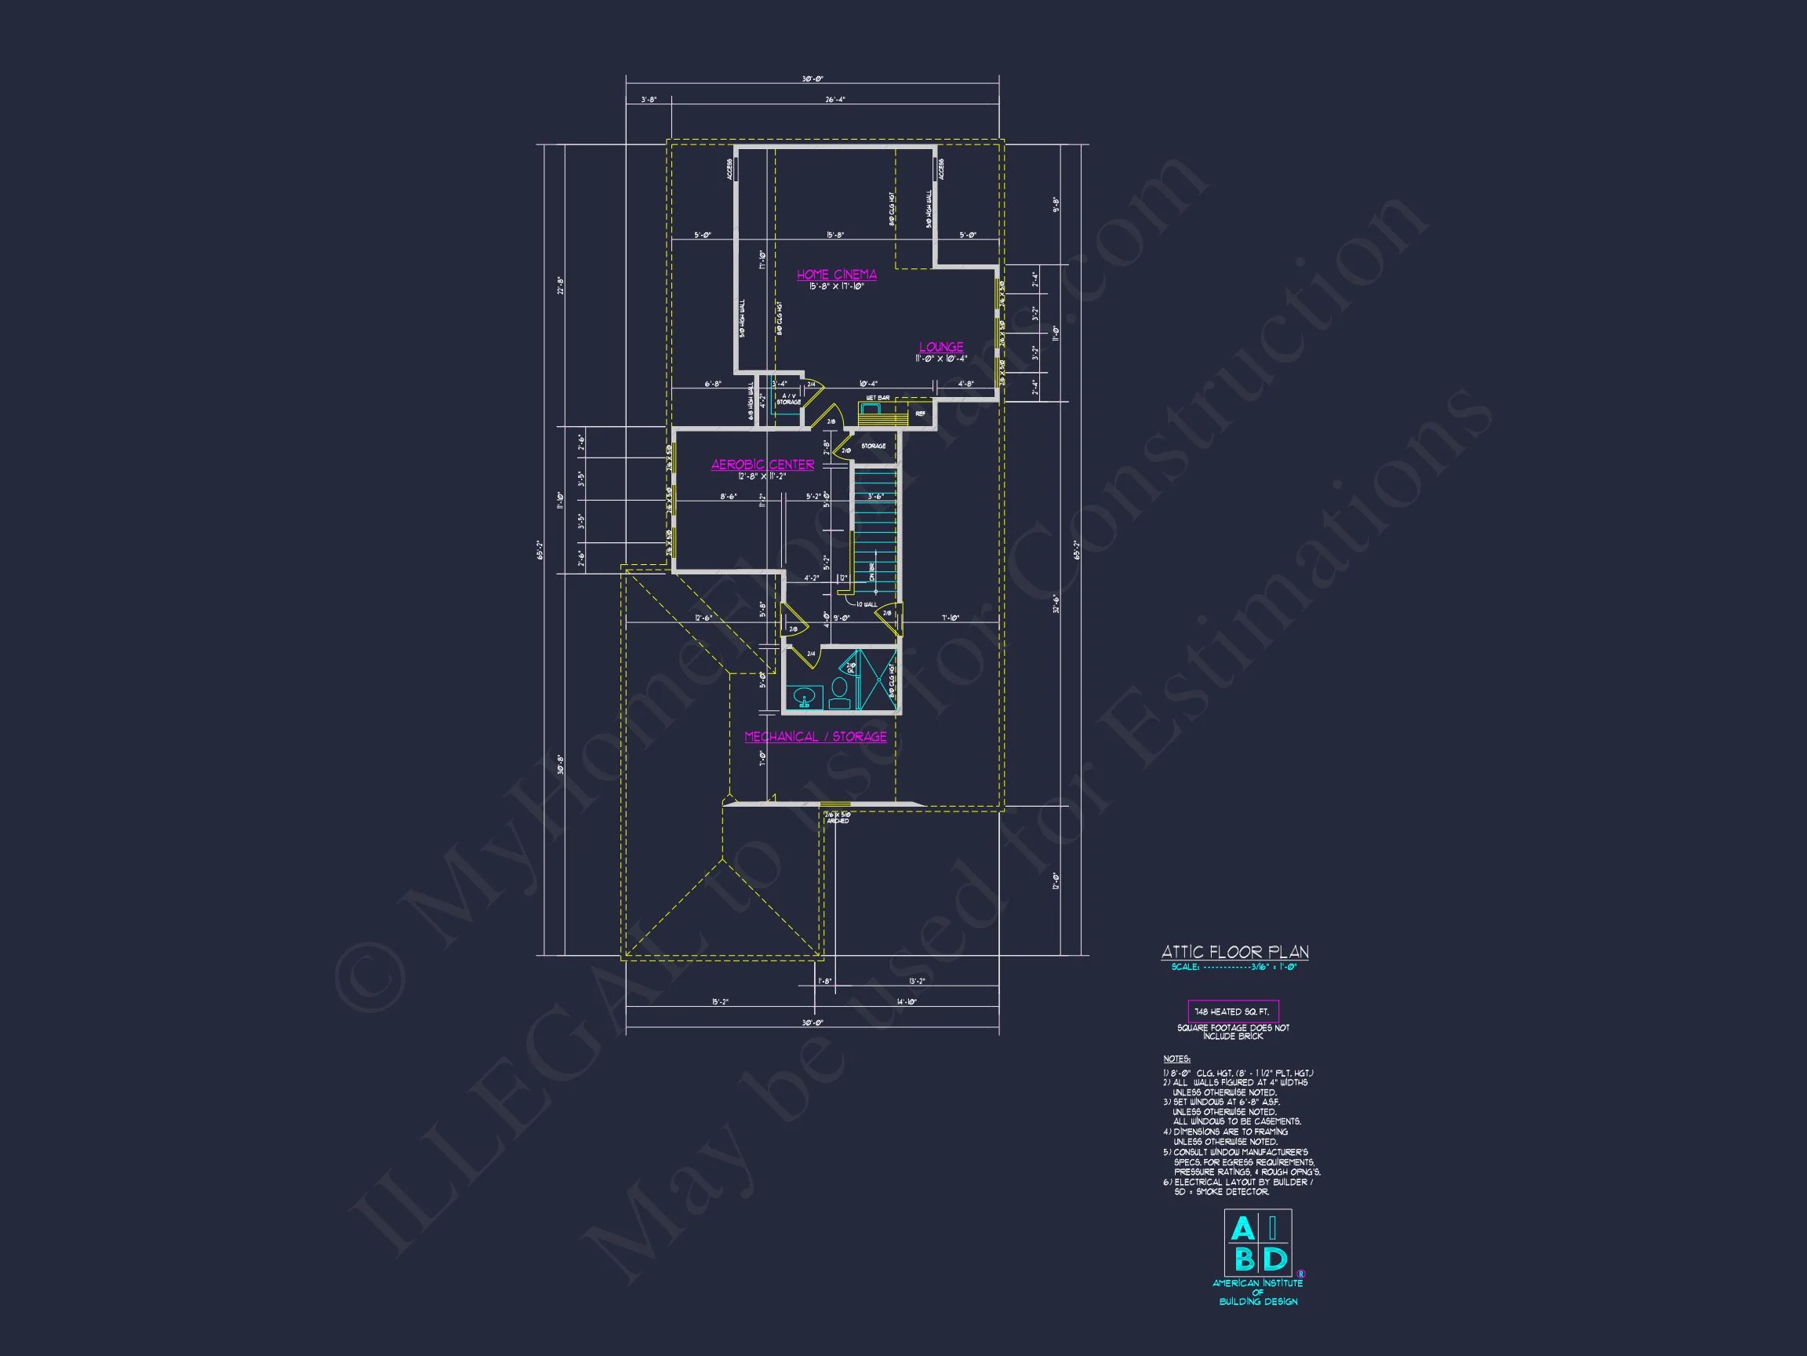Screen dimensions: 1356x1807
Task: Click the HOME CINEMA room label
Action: (x=837, y=275)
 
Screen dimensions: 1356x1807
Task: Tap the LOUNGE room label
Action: (x=941, y=347)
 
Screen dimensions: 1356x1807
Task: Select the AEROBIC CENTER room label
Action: (x=762, y=465)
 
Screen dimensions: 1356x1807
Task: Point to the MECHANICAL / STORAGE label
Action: (x=816, y=736)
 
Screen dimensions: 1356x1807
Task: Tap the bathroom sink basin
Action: (x=805, y=697)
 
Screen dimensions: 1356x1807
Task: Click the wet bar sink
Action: (x=871, y=407)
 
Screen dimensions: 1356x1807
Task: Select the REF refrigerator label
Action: (x=920, y=414)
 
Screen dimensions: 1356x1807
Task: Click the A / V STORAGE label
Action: (x=788, y=399)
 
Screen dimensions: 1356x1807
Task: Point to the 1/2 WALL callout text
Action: (x=866, y=605)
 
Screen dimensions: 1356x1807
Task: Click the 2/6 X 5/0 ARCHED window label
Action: (x=838, y=817)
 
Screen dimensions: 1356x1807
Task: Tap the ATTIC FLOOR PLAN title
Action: (x=1234, y=952)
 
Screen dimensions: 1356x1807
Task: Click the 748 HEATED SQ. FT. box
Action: (x=1233, y=1011)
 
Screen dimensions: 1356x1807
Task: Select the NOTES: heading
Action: (x=1176, y=1059)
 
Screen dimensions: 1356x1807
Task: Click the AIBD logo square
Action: (x=1257, y=1243)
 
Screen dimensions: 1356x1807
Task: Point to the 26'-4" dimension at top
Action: (x=835, y=100)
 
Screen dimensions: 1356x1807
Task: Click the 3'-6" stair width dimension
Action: (x=876, y=496)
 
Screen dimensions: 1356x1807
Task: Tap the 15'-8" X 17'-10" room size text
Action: (x=837, y=287)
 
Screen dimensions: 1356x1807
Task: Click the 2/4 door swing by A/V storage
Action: (x=813, y=395)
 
